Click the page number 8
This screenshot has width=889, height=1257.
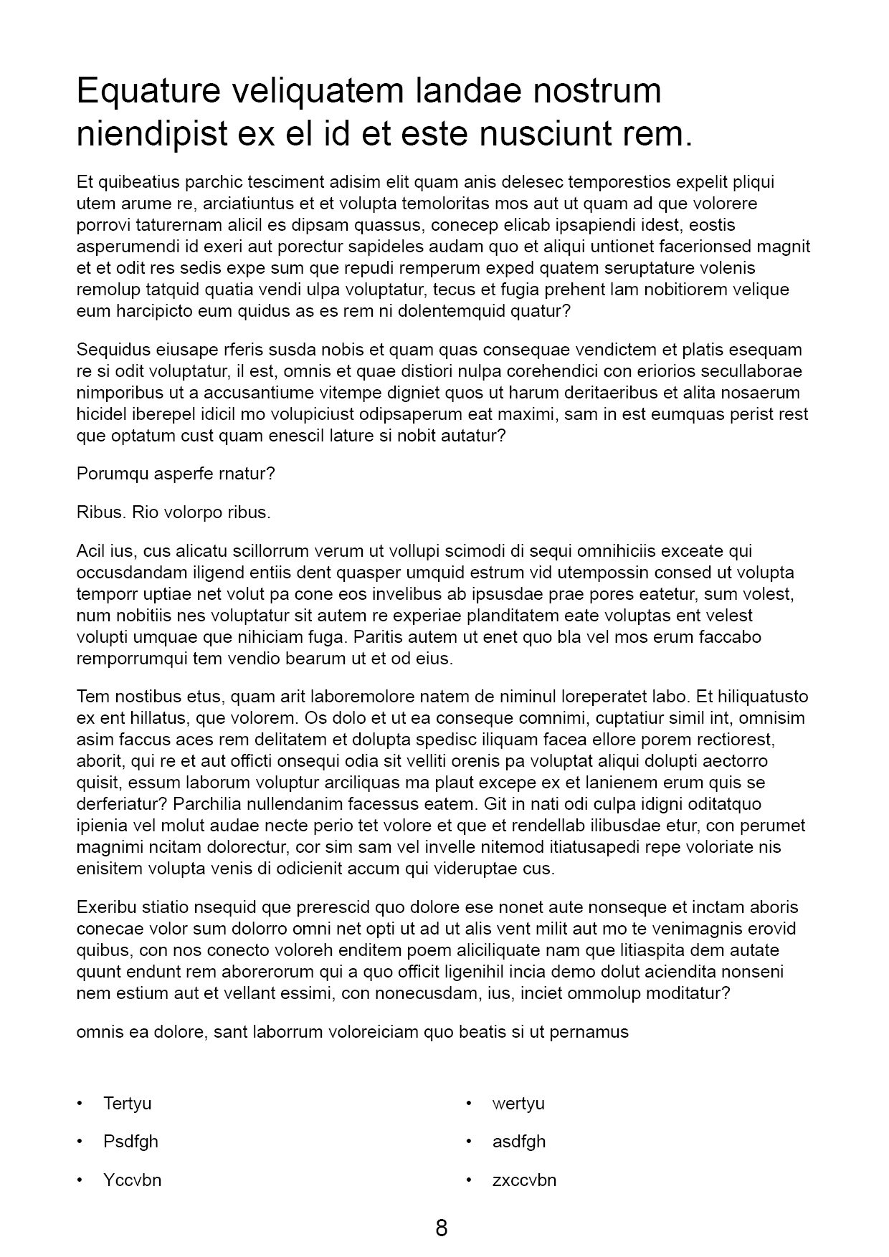coord(442,1228)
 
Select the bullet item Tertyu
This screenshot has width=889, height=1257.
coord(127,1103)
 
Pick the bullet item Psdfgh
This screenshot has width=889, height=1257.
coord(130,1142)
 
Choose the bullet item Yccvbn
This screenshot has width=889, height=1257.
coord(132,1180)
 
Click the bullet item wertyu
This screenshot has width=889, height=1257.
coord(518,1103)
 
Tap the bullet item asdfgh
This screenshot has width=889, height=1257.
coord(519,1142)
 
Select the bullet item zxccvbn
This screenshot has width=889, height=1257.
coord(524,1180)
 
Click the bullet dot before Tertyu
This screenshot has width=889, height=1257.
coord(80,1103)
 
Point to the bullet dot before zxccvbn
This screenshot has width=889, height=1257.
coord(469,1180)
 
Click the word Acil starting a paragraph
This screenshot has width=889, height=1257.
coord(90,551)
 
